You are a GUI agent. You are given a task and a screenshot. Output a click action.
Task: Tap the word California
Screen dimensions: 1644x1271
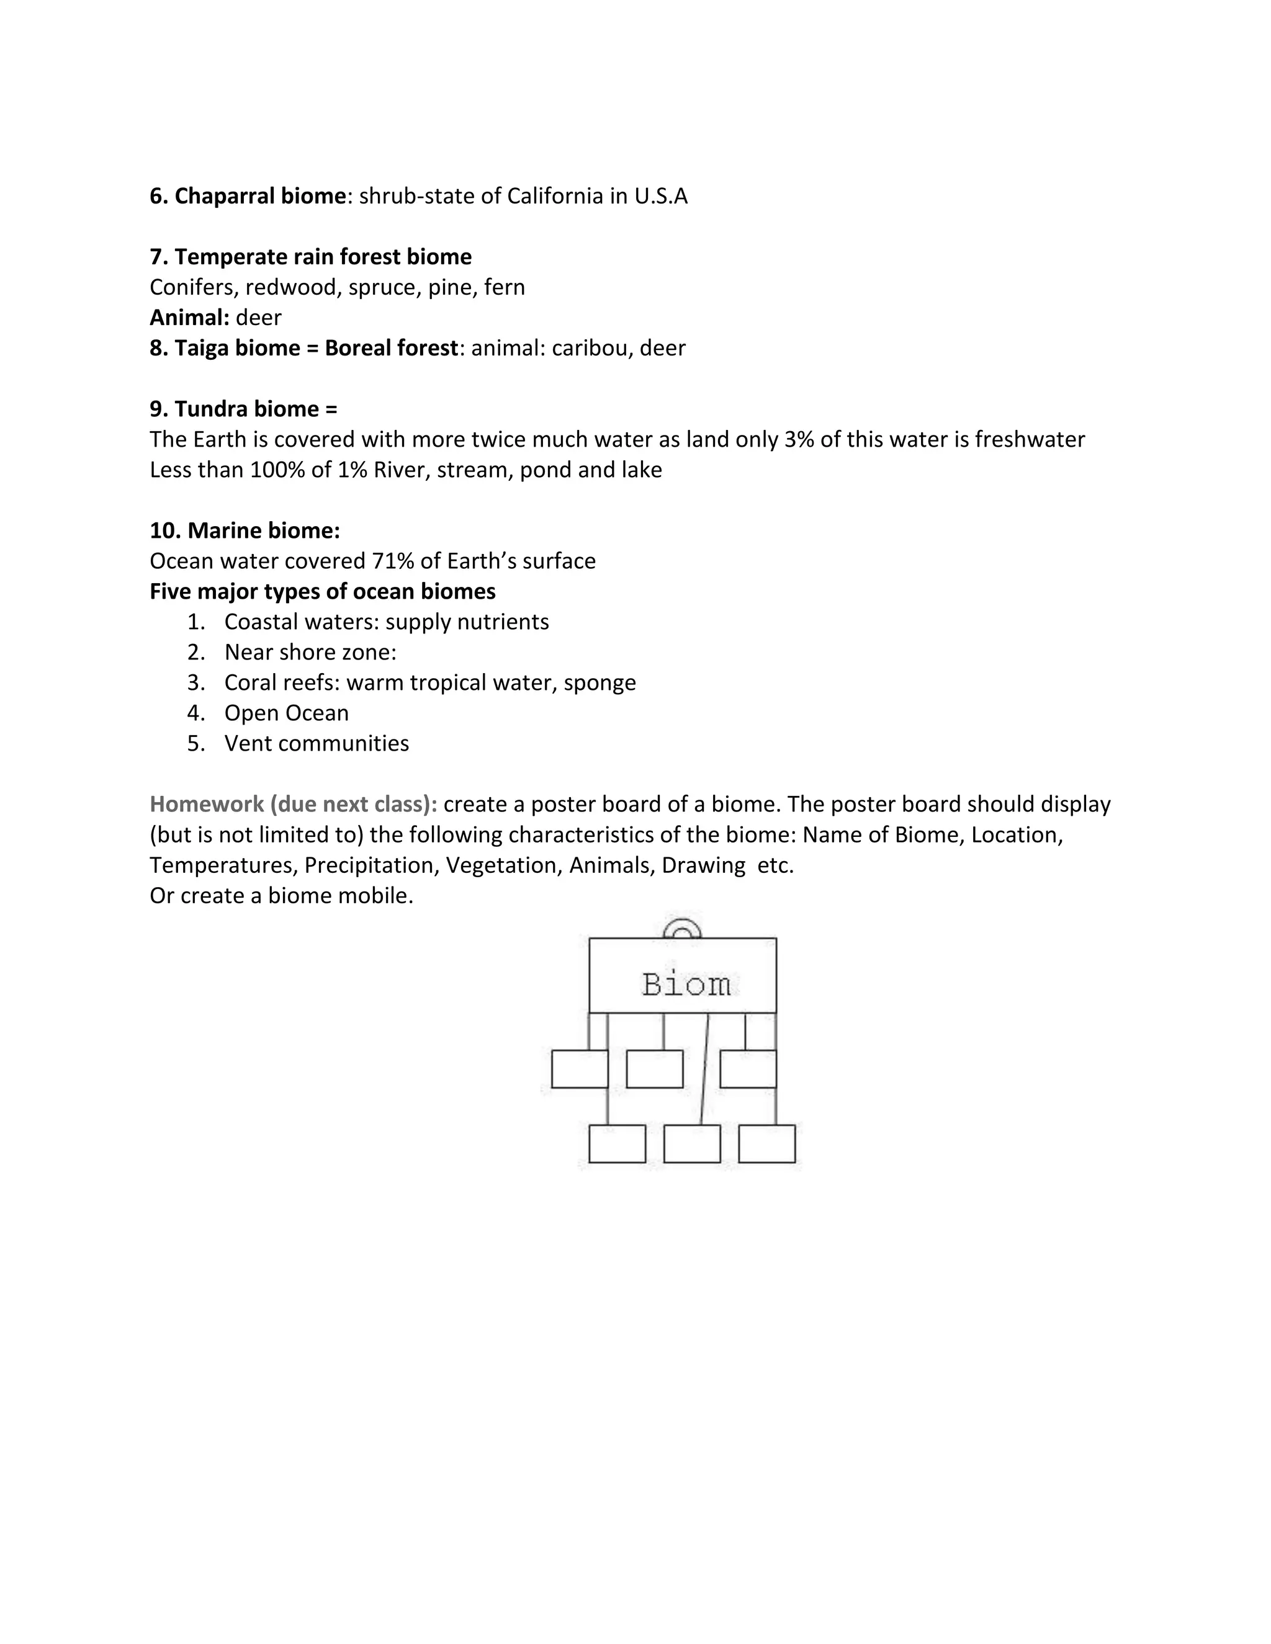(555, 197)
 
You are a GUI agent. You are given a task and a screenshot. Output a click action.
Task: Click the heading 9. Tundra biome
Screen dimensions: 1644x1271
(243, 409)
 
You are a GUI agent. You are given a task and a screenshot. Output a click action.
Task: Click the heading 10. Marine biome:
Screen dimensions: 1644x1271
(245, 530)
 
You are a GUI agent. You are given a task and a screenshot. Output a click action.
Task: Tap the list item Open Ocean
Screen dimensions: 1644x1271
(286, 713)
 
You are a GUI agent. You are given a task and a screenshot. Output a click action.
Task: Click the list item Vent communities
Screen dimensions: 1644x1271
(317, 744)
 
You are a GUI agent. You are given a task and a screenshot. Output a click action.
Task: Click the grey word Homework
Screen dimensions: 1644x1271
(204, 805)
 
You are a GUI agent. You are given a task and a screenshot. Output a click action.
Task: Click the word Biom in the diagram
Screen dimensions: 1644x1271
(686, 985)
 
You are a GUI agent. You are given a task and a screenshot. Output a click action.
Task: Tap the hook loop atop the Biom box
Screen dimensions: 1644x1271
(682, 927)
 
